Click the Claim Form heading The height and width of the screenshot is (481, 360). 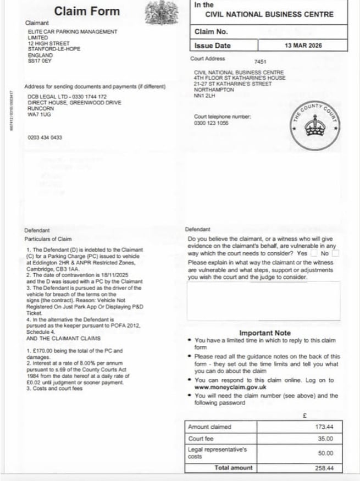pyautogui.click(x=87, y=11)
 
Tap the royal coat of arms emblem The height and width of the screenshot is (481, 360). pyautogui.click(x=161, y=12)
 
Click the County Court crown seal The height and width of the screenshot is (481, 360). pyautogui.click(x=315, y=125)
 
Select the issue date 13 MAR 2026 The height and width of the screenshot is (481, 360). pyautogui.click(x=303, y=46)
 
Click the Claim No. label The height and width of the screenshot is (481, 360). pyautogui.click(x=211, y=32)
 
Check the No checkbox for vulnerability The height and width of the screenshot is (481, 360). pyautogui.click(x=336, y=253)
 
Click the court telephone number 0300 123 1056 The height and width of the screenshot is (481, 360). pyautogui.click(x=211, y=123)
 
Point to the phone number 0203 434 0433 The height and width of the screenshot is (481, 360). pyautogui.click(x=45, y=137)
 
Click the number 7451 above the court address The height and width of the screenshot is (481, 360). pyautogui.click(x=261, y=62)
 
